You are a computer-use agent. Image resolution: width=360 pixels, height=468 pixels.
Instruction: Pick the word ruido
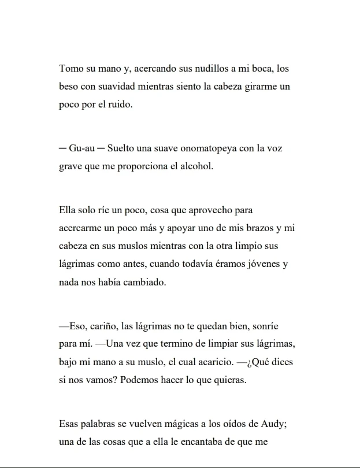point(120,106)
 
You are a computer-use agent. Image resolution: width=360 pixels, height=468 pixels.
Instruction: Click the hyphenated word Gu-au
point(81,148)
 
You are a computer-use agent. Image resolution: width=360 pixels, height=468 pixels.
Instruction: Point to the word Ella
point(68,210)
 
